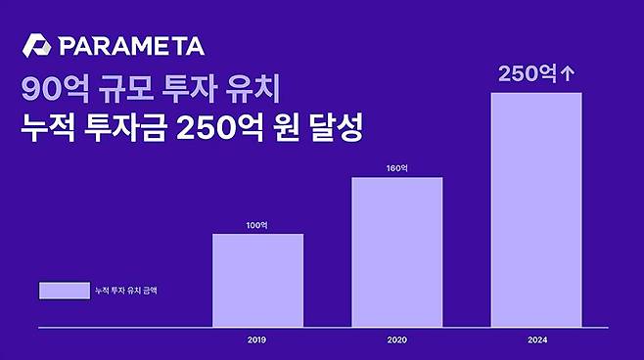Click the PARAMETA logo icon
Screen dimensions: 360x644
click(x=37, y=47)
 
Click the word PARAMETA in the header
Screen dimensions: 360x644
click(x=131, y=47)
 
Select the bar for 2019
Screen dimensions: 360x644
click(x=257, y=280)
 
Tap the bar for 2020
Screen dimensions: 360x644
click(x=396, y=251)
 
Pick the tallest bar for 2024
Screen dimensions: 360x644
click(x=535, y=209)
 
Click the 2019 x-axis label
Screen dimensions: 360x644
click(x=257, y=340)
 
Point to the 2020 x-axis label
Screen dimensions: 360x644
click(x=396, y=340)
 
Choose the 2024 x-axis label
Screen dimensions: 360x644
click(x=535, y=340)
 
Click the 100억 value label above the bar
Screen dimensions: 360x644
click(x=257, y=225)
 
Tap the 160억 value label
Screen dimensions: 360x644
click(x=396, y=168)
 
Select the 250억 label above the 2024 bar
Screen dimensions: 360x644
click(x=526, y=73)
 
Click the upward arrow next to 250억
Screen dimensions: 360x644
click(x=565, y=73)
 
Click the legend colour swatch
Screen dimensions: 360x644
click(x=64, y=291)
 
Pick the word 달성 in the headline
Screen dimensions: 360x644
click(x=339, y=129)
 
